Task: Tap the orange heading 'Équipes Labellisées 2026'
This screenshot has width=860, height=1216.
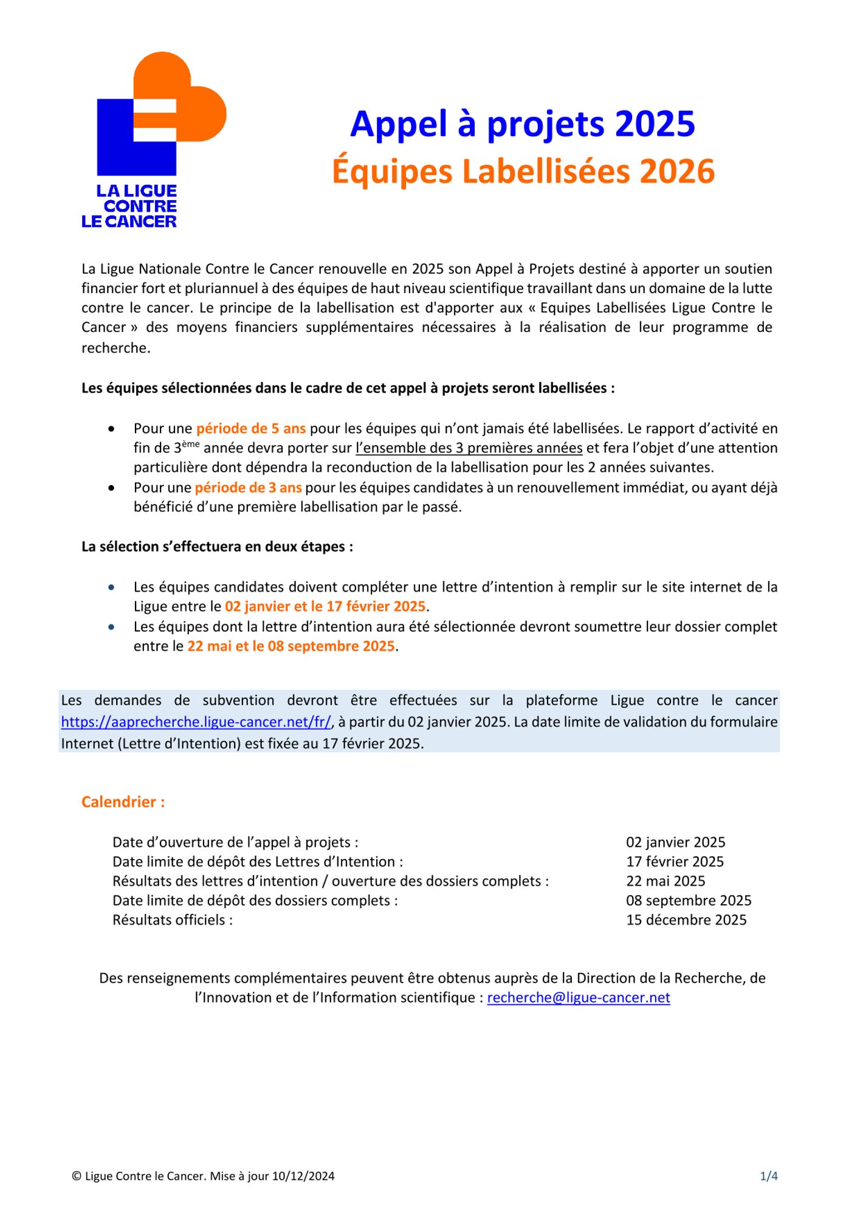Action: tap(523, 171)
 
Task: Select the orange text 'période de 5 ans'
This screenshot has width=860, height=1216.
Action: tap(250, 429)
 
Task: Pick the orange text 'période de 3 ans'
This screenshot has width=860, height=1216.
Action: tap(248, 488)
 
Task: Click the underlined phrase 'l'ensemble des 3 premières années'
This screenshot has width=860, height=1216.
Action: tap(469, 448)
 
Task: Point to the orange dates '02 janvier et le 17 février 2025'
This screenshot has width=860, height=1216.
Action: tap(325, 606)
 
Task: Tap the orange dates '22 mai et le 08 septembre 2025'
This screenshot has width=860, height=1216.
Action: tap(291, 646)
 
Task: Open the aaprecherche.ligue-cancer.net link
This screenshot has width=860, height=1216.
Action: tap(196, 722)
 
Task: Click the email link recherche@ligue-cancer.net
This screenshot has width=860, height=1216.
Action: tap(578, 998)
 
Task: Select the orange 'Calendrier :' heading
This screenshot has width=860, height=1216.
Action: tap(123, 802)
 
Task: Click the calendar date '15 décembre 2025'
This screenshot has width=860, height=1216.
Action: tap(686, 920)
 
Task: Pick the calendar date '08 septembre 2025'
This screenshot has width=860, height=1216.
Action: tap(688, 900)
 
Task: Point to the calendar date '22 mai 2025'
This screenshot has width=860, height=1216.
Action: tap(665, 881)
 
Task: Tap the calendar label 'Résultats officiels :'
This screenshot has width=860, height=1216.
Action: tap(172, 920)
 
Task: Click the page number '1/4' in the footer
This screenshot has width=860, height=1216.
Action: tap(768, 1176)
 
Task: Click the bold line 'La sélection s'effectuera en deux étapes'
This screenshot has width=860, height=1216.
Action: tap(217, 547)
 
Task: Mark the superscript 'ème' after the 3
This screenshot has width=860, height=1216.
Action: tap(190, 444)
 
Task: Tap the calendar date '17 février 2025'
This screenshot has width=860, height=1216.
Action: tap(675, 862)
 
